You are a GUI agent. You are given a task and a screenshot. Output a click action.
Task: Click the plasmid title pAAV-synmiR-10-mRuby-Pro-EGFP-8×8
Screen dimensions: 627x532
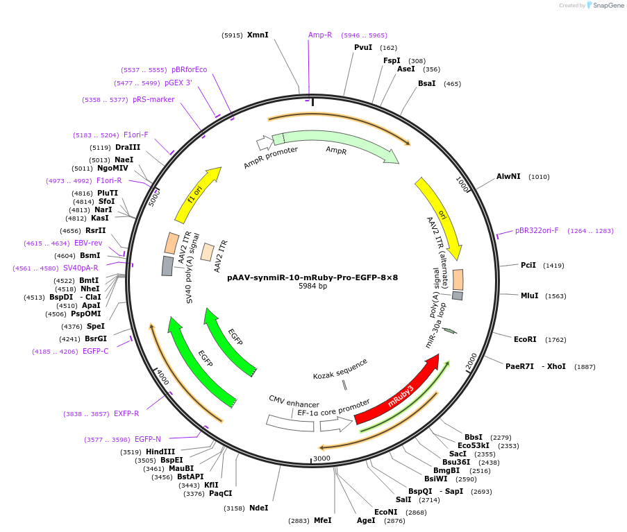tap(312, 277)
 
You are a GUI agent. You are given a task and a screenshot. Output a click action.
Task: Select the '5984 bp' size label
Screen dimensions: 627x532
tap(312, 286)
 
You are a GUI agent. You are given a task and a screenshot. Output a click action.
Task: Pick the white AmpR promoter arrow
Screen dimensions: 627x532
tap(265, 143)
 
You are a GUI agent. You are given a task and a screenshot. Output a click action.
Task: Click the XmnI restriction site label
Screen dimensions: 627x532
tap(258, 35)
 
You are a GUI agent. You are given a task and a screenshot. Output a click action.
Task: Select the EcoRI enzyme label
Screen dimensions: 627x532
tap(525, 340)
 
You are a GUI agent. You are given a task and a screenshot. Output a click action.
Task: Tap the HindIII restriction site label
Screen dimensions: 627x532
tap(160, 452)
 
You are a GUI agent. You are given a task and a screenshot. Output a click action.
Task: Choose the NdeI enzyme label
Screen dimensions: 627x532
tap(258, 508)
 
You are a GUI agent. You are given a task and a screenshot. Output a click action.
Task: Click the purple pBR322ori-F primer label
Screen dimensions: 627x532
tap(537, 230)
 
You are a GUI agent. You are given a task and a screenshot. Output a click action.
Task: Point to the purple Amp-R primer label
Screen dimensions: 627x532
tap(320, 35)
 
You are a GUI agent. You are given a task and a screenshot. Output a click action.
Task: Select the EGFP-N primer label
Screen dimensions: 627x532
tap(148, 439)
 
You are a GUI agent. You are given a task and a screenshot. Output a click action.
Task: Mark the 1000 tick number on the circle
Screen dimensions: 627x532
tap(463, 185)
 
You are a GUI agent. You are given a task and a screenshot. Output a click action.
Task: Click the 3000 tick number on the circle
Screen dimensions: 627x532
tap(321, 458)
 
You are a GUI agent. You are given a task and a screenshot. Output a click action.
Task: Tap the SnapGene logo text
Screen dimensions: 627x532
tap(607, 6)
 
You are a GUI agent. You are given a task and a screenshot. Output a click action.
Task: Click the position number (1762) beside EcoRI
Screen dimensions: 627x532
tap(555, 340)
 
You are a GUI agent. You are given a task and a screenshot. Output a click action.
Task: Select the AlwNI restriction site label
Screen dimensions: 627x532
tap(508, 176)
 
